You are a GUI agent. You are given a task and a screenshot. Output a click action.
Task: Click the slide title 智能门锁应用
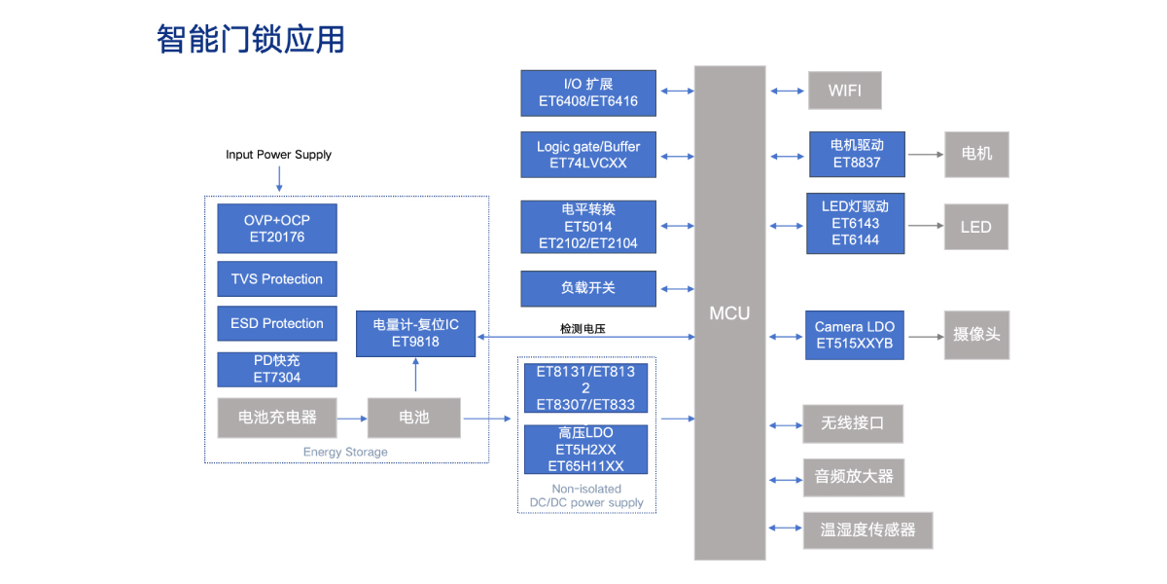(251, 40)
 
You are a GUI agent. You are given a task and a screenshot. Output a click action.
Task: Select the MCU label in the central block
(729, 312)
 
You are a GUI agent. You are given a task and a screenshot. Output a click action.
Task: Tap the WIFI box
(845, 91)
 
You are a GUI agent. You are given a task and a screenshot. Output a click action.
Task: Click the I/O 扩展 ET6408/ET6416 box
(587, 92)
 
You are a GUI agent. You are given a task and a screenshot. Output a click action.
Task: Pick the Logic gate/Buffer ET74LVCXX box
(587, 155)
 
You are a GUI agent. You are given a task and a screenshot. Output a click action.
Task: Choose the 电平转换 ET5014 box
(587, 226)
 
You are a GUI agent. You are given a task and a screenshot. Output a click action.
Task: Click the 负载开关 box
(587, 288)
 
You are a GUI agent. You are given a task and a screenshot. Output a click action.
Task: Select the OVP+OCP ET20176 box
(277, 229)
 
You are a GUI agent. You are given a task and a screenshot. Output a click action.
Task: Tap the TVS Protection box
(277, 279)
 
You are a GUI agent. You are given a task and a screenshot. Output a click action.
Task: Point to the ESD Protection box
(277, 324)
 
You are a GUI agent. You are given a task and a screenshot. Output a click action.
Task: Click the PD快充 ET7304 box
(277, 369)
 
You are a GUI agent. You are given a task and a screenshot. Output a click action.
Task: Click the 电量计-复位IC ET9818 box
(415, 332)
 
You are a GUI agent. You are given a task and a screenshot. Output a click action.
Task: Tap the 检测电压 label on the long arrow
(583, 329)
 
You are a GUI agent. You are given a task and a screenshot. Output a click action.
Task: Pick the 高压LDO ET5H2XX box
(585, 450)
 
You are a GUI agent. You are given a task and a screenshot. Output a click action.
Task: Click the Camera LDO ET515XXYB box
(855, 335)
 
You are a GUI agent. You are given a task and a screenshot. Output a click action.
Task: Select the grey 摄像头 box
(975, 335)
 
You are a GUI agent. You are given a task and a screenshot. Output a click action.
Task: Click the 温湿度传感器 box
(867, 530)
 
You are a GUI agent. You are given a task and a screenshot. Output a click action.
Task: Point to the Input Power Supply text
(278, 155)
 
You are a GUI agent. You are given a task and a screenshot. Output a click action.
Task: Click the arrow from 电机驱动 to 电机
(925, 155)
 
